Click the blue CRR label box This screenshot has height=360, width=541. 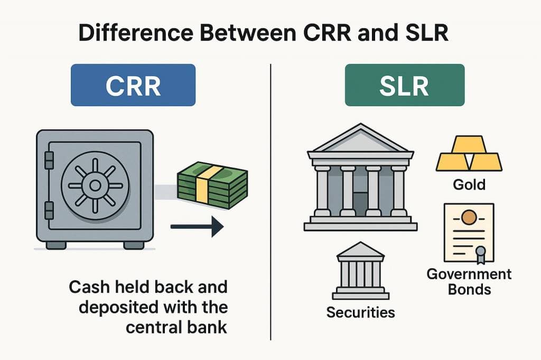pyautogui.click(x=133, y=85)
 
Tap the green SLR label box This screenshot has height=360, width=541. pyautogui.click(x=404, y=85)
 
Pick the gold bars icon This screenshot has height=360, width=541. pyautogui.click(x=469, y=154)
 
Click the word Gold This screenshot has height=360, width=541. pyautogui.click(x=469, y=185)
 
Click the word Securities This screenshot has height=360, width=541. pyautogui.click(x=360, y=312)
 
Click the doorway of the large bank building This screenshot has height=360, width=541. pyautogui.click(x=360, y=203)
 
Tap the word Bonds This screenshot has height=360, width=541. pyautogui.click(x=469, y=289)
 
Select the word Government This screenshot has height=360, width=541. pyautogui.click(x=469, y=274)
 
